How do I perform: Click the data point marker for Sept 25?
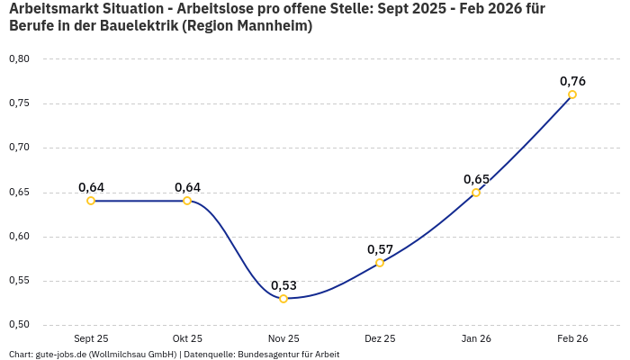tap(91, 201)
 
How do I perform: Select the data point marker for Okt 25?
tap(187, 201)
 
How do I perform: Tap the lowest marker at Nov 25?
tap(283, 299)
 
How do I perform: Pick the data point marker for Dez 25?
tap(380, 263)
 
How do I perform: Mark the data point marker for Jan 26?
tap(476, 193)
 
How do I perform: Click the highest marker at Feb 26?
tap(572, 94)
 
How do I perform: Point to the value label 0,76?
tap(572, 81)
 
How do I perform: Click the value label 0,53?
tap(283, 285)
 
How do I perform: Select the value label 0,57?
tap(380, 249)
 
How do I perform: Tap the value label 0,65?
tap(476, 179)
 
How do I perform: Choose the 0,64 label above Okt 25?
tap(187, 187)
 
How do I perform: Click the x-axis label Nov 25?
tap(283, 339)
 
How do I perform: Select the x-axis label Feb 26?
tap(572, 339)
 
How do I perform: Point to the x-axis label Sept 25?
tap(91, 339)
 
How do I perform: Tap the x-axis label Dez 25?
tap(380, 339)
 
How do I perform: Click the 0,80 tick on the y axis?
tap(19, 59)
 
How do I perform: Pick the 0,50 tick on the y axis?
tap(19, 325)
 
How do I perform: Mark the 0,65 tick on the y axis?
tap(19, 193)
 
